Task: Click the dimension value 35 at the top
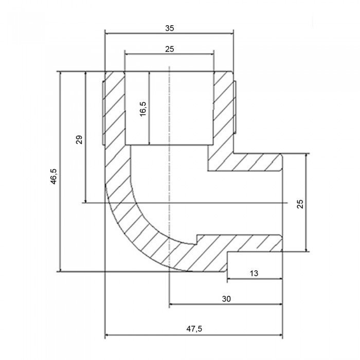click(x=170, y=28)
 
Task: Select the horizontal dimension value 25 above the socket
click(x=169, y=49)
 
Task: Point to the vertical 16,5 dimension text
click(x=143, y=109)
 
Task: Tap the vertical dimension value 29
click(x=79, y=139)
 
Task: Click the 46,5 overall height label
click(x=53, y=176)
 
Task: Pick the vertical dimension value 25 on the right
click(x=300, y=204)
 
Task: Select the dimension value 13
click(x=254, y=273)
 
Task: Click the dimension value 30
click(x=226, y=299)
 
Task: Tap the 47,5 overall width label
click(x=194, y=329)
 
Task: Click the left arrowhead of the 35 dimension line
click(x=107, y=33)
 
